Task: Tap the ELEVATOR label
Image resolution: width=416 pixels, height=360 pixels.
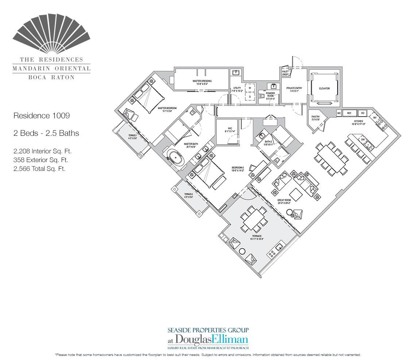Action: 324,88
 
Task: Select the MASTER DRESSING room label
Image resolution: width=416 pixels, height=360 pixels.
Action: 202,81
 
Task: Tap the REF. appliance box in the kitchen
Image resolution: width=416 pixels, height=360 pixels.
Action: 349,113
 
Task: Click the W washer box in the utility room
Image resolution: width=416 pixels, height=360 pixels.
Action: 250,88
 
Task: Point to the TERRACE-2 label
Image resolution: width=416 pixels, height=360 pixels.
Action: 188,195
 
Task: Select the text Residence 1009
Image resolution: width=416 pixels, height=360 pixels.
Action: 41,116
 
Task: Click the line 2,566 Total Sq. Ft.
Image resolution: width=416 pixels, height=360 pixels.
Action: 39,168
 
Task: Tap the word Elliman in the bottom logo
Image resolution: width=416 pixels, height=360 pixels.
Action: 229,338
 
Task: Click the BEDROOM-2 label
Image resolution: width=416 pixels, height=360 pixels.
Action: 238,169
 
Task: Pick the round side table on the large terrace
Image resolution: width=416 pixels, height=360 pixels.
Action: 242,252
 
